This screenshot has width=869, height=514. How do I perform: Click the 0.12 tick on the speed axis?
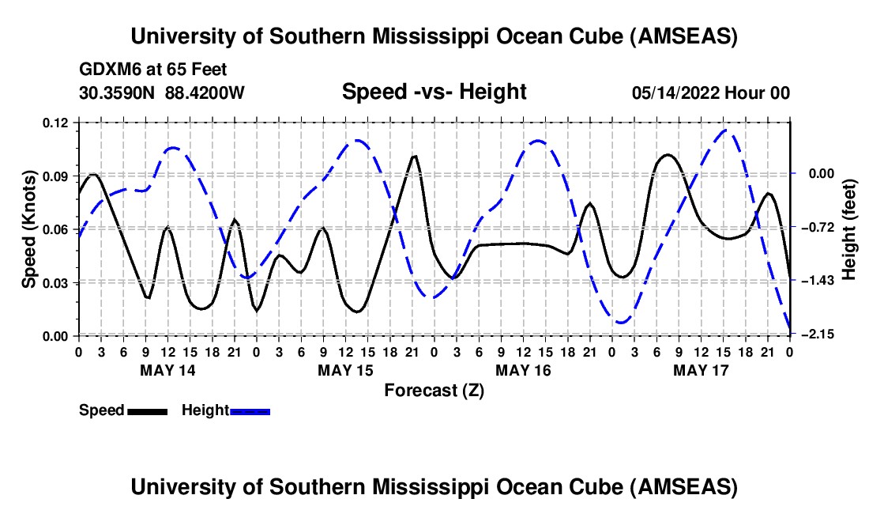pyautogui.click(x=57, y=123)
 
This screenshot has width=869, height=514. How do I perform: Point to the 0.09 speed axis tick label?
pyautogui.click(x=57, y=176)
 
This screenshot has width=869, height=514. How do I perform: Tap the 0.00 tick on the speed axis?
pyautogui.click(x=57, y=336)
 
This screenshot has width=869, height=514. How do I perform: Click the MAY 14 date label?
pyautogui.click(x=167, y=369)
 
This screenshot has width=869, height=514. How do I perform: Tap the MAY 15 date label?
pyautogui.click(x=345, y=369)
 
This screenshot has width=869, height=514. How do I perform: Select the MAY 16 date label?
pyautogui.click(x=523, y=369)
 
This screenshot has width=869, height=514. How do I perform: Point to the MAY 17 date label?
pyautogui.click(x=701, y=369)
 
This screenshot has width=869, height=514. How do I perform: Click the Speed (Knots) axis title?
pyautogui.click(x=29, y=229)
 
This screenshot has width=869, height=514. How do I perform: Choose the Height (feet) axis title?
pyautogui.click(x=849, y=229)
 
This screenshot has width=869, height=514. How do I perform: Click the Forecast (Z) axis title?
pyautogui.click(x=434, y=390)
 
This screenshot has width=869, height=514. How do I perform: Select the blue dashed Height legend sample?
pyautogui.click(x=250, y=411)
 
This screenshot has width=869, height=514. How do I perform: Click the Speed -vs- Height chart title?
pyautogui.click(x=434, y=93)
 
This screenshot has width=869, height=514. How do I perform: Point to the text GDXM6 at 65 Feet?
pyautogui.click(x=153, y=70)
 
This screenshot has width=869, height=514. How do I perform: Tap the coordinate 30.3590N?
pyautogui.click(x=117, y=93)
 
